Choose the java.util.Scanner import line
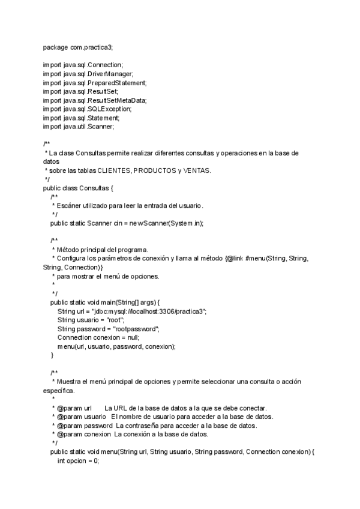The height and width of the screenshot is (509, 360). pyautogui.click(x=78, y=127)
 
